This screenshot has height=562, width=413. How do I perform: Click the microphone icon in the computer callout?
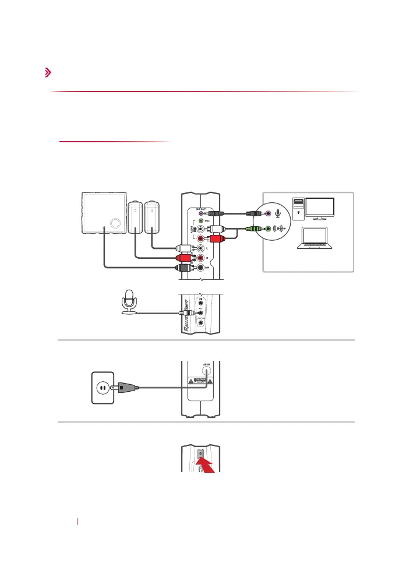278,215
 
